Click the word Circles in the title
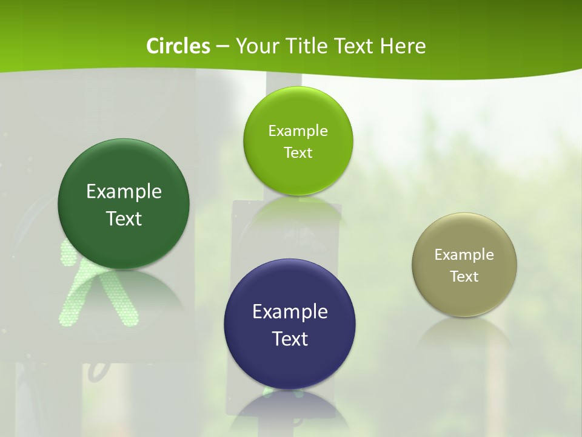[x=178, y=46]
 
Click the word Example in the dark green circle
[x=124, y=191]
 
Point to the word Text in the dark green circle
[x=124, y=218]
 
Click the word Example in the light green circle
[x=298, y=130]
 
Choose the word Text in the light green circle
[x=298, y=152]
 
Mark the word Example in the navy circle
[x=290, y=311]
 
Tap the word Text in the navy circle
[x=290, y=339]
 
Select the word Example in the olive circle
[x=464, y=254]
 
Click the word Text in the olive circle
[x=464, y=276]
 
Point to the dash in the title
[x=222, y=46]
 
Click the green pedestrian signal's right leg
[x=124, y=307]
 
